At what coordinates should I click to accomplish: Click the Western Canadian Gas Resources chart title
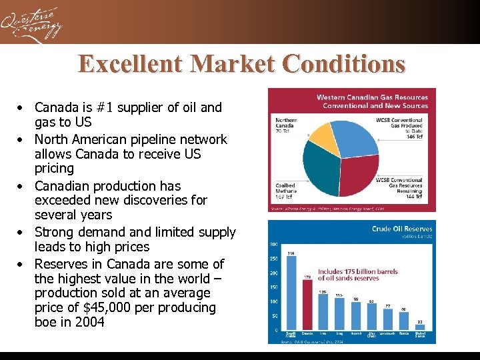click(x=371, y=101)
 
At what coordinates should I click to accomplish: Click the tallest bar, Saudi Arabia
click(x=291, y=293)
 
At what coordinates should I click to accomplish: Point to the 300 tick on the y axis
click(x=274, y=245)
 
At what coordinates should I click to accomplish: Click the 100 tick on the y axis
click(x=273, y=302)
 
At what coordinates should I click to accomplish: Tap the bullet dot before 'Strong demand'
click(x=22, y=233)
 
